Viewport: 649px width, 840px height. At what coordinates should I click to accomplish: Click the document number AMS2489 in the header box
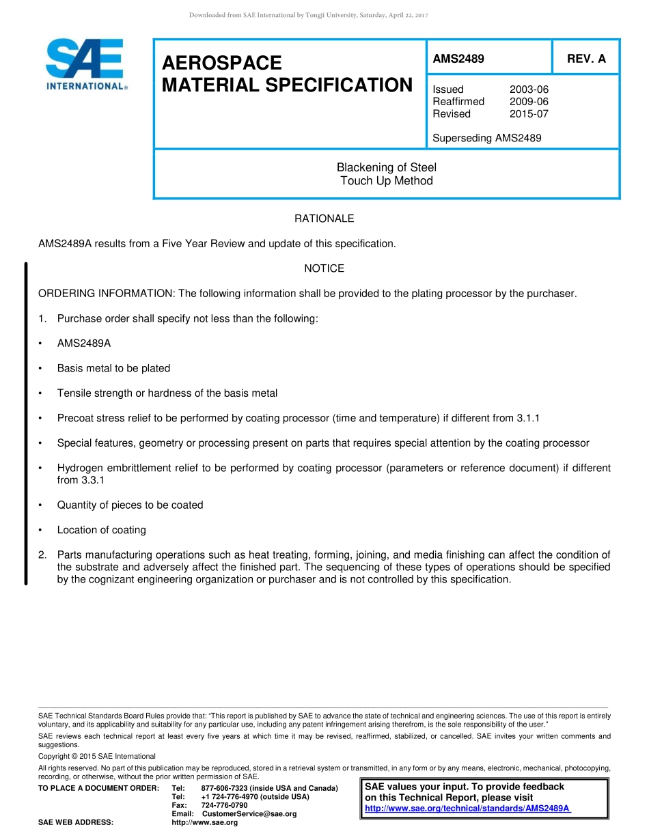(458, 59)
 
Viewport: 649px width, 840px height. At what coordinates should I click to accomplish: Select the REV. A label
(586, 59)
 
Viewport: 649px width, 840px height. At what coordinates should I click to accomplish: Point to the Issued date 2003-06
(529, 89)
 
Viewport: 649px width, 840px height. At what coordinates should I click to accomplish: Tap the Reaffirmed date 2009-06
(529, 102)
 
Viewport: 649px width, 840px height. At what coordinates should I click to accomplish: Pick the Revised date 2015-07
(529, 114)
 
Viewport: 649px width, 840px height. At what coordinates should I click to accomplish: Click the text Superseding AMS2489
(486, 138)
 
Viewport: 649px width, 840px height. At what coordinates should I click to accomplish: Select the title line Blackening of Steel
(386, 167)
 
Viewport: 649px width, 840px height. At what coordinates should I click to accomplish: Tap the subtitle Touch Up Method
(386, 181)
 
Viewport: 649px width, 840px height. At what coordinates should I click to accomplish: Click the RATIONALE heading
(324, 219)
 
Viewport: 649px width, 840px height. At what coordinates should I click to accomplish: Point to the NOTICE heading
(324, 268)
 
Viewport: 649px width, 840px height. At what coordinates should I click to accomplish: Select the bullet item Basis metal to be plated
(113, 368)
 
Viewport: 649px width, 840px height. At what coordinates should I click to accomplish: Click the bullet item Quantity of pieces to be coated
(130, 505)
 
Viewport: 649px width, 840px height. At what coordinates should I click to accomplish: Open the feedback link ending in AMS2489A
(467, 809)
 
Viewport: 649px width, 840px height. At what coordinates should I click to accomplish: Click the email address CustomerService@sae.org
(249, 814)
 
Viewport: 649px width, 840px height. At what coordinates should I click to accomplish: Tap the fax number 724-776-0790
(224, 805)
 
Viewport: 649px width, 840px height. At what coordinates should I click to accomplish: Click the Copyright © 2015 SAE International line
(96, 757)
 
